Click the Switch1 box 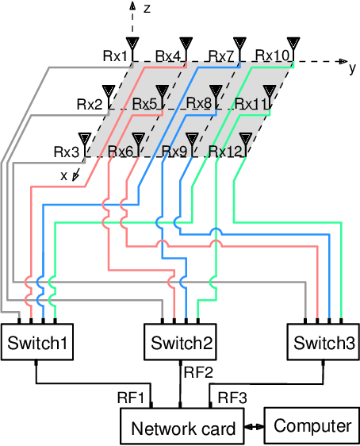(x=36, y=343)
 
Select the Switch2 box (x=182, y=343)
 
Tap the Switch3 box (x=324, y=343)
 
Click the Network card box (x=183, y=429)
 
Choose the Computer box (x=312, y=425)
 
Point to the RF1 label (x=132, y=397)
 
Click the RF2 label (x=198, y=371)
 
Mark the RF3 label (x=232, y=397)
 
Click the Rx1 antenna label (x=115, y=56)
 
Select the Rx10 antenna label (x=273, y=56)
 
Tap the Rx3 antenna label (x=67, y=151)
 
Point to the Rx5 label (x=144, y=103)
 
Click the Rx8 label (x=198, y=103)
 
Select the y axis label (x=352, y=67)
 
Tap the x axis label (x=64, y=175)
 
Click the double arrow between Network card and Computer (x=255, y=427)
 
